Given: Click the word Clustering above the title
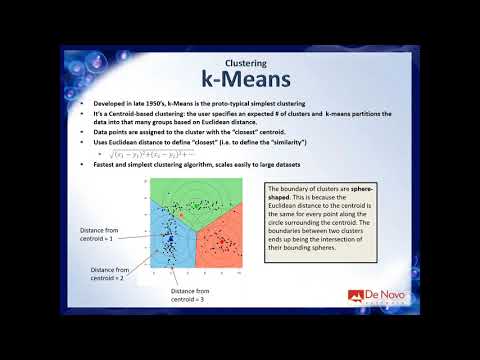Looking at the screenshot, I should (x=239, y=59).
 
